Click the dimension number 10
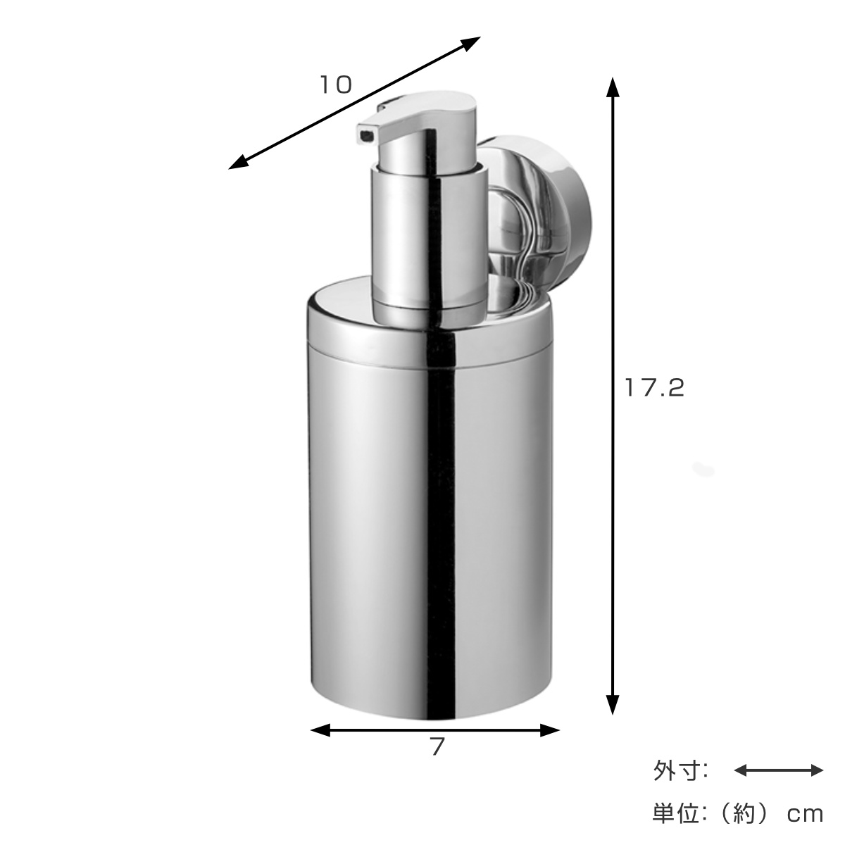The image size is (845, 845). (336, 84)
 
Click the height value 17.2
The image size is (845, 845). (654, 387)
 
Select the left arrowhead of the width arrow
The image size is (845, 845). (320, 730)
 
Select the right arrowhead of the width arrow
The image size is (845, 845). (550, 730)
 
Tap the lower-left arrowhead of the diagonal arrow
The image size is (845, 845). (239, 163)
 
